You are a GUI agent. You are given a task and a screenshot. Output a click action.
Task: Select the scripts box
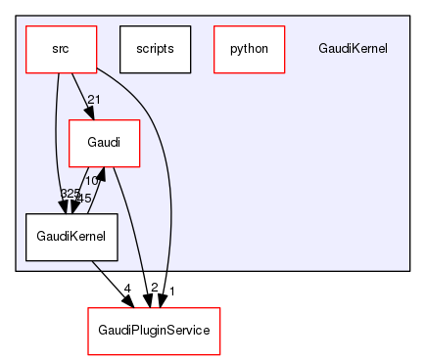click(155, 49)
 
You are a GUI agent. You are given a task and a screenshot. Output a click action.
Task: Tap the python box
click(249, 49)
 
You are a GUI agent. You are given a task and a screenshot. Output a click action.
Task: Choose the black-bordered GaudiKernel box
click(71, 237)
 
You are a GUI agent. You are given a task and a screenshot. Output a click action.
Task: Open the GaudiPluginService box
click(154, 331)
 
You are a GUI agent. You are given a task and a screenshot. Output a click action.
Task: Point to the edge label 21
click(94, 100)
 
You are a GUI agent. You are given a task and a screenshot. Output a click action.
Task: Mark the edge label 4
click(127, 288)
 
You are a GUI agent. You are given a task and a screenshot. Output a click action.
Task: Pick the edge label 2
click(155, 288)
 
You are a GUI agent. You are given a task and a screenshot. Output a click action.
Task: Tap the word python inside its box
click(249, 49)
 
